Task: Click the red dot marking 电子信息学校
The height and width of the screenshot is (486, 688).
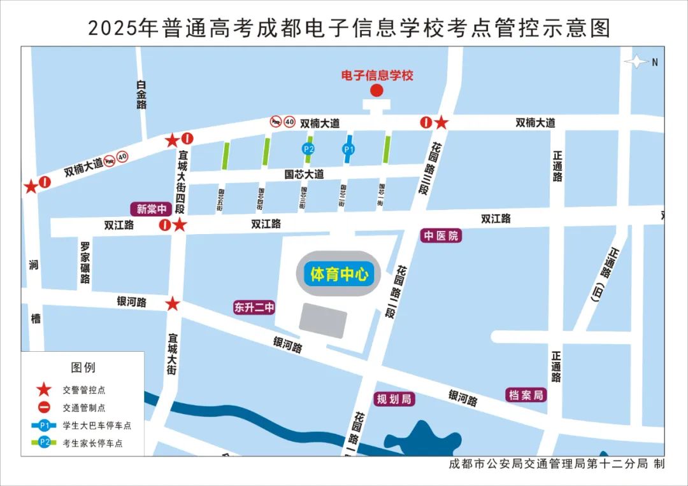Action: tap(376, 90)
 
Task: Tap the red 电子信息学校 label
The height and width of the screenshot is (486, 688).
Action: tap(377, 76)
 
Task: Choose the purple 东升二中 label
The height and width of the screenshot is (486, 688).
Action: tap(254, 308)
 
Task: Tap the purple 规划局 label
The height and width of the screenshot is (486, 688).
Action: tap(394, 399)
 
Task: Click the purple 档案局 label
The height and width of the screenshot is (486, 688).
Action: tap(526, 395)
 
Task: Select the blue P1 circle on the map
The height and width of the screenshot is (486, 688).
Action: tap(348, 149)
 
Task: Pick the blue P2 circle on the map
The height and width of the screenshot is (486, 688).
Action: tap(308, 149)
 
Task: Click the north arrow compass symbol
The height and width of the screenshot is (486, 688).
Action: tap(638, 62)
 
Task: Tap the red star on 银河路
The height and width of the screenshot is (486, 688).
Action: tap(173, 304)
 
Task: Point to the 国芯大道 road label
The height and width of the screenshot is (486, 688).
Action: tap(304, 174)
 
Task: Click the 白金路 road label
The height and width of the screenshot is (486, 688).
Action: tap(141, 95)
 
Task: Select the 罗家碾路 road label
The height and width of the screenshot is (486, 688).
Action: tap(85, 262)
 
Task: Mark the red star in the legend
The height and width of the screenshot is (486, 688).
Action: tap(44, 390)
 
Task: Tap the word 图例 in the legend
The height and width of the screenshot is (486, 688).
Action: tap(83, 368)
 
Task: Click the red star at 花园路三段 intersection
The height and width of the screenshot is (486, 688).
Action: tap(441, 122)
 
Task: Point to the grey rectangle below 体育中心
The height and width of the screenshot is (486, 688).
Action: tap(323, 320)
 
